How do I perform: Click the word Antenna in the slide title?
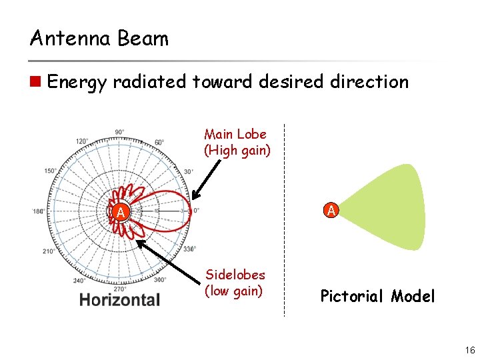pyautogui.click(x=71, y=38)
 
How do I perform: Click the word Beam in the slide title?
pyautogui.click(x=143, y=38)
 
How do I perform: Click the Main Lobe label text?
pyautogui.click(x=235, y=134)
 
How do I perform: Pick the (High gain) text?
pyautogui.click(x=237, y=150)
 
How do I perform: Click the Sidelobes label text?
pyautogui.click(x=235, y=275)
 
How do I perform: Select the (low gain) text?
pyautogui.click(x=234, y=291)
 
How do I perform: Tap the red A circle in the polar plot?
pyautogui.click(x=119, y=213)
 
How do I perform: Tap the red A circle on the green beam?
pyautogui.click(x=332, y=210)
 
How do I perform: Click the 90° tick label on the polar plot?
pyautogui.click(x=119, y=132)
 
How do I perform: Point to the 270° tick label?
pyautogui.click(x=120, y=289)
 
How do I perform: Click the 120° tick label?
pyautogui.click(x=81, y=141)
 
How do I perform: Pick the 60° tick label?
pyautogui.click(x=159, y=142)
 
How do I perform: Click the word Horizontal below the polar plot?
pyautogui.click(x=119, y=300)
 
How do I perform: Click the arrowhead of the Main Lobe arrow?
pyautogui.click(x=194, y=197)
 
